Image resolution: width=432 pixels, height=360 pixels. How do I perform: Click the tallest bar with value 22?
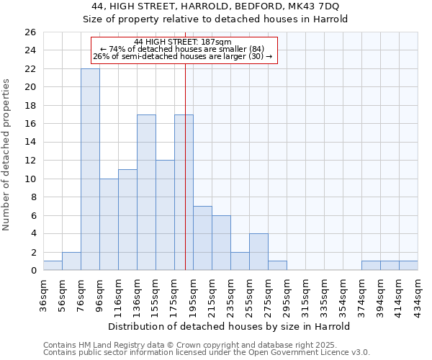pyautogui.click(x=90, y=169)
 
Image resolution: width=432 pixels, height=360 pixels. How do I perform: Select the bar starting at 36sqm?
pyautogui.click(x=53, y=266)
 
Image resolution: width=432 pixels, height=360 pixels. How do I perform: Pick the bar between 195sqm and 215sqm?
pyautogui.click(x=202, y=238)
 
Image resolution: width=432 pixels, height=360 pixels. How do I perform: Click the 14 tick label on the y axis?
pyautogui.click(x=30, y=143)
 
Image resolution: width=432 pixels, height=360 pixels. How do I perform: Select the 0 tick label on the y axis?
pyautogui.click(x=33, y=271)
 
